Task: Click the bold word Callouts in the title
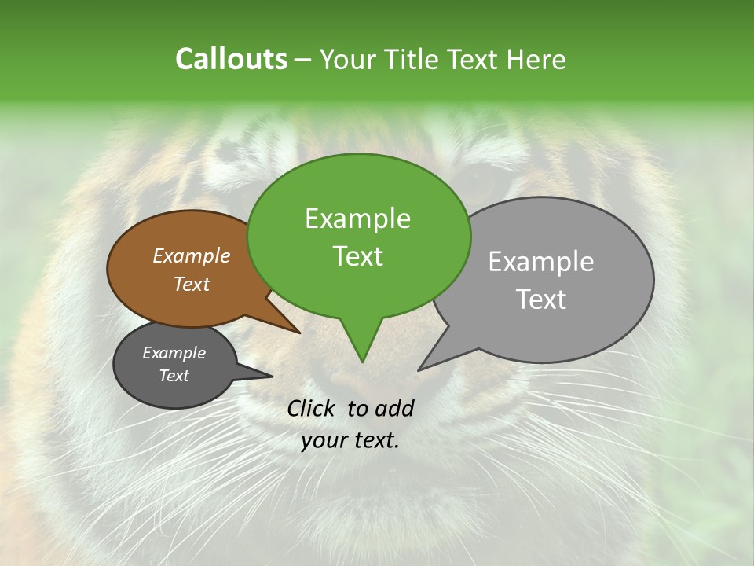pyautogui.click(x=231, y=60)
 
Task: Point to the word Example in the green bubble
pyautogui.click(x=357, y=219)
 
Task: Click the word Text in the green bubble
pyautogui.click(x=357, y=256)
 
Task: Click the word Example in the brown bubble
pyautogui.click(x=191, y=255)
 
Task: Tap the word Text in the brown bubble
pyautogui.click(x=191, y=284)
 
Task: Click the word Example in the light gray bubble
pyautogui.click(x=541, y=262)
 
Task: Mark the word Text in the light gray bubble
pyautogui.click(x=541, y=300)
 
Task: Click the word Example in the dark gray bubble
pyautogui.click(x=174, y=353)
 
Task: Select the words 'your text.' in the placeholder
pyautogui.click(x=350, y=440)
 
